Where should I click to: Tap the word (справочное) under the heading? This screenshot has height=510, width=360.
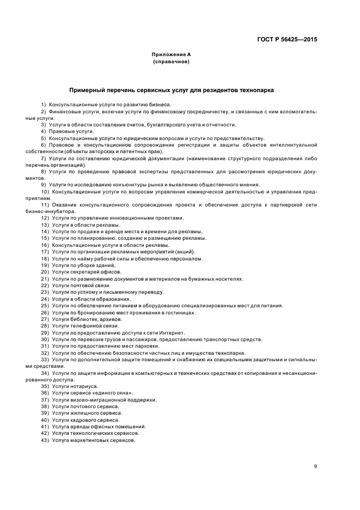coord(171,62)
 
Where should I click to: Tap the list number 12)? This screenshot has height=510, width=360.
coord(45,218)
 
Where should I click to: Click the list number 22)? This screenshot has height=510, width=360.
coord(45,285)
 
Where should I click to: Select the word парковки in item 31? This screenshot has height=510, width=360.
coord(149,345)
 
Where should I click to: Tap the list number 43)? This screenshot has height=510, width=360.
coord(45,440)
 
